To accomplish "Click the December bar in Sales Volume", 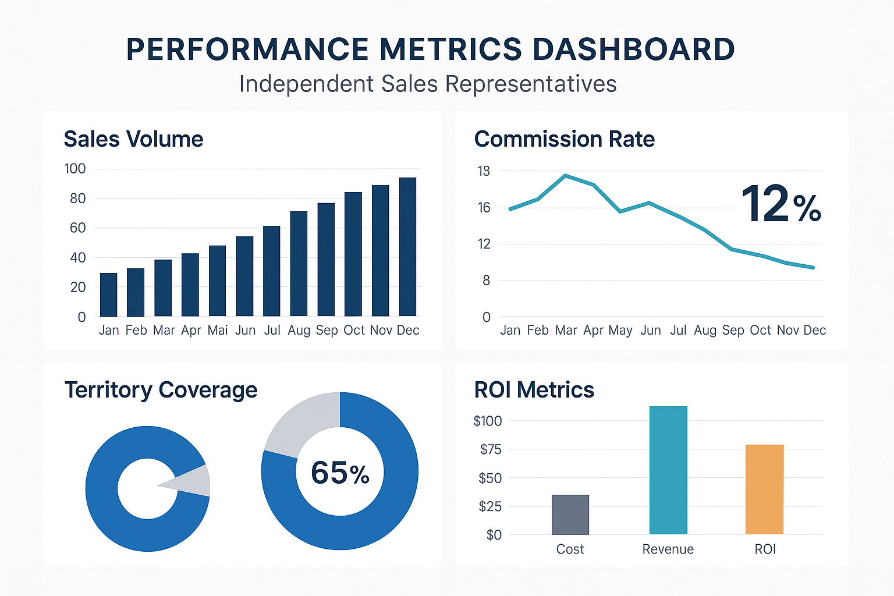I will [x=407, y=247].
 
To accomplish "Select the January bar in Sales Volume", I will [x=109, y=295].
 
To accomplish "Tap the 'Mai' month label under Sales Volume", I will [x=218, y=331].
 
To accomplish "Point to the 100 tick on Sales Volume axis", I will [x=75, y=169].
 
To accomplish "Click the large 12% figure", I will [x=781, y=204].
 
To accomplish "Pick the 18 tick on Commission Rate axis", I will [x=484, y=171].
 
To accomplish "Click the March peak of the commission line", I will [x=566, y=175].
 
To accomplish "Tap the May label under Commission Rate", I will [x=620, y=331].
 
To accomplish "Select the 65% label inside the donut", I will [x=340, y=473].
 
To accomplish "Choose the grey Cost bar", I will [x=570, y=515].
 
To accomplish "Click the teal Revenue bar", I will [x=668, y=470].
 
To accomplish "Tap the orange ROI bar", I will [x=764, y=489].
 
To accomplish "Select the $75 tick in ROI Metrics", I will [x=491, y=449].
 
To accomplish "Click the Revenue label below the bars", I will [x=668, y=549].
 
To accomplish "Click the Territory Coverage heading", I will [x=161, y=390].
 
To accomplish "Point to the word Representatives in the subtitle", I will [x=531, y=84].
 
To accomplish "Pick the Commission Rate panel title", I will [x=565, y=140].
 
